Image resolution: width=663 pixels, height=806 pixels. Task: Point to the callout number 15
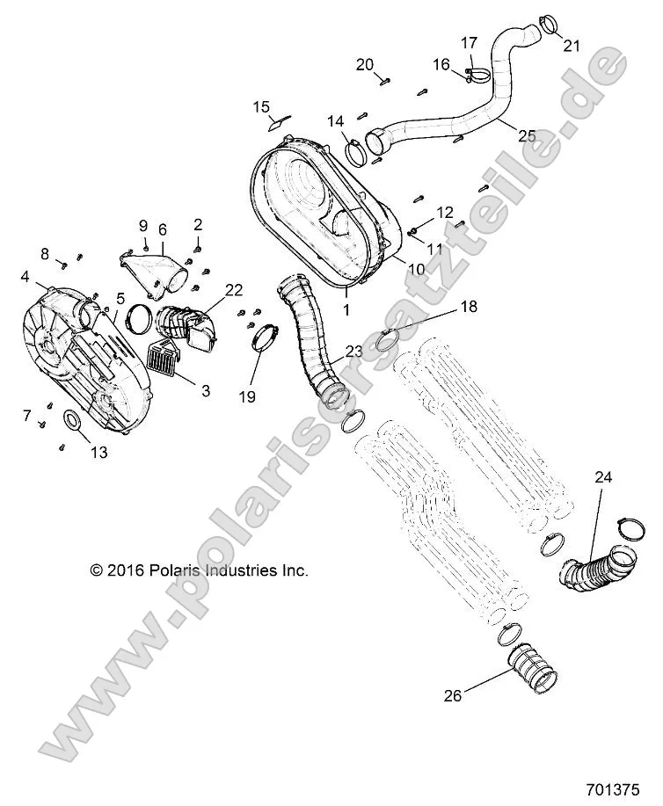coord(262,106)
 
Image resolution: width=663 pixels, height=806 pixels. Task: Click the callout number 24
coord(603,477)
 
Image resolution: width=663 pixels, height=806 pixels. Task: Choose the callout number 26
coord(452,697)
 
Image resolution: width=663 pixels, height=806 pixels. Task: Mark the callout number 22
coord(233,290)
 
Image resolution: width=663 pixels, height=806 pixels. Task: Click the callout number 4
coord(25,276)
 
